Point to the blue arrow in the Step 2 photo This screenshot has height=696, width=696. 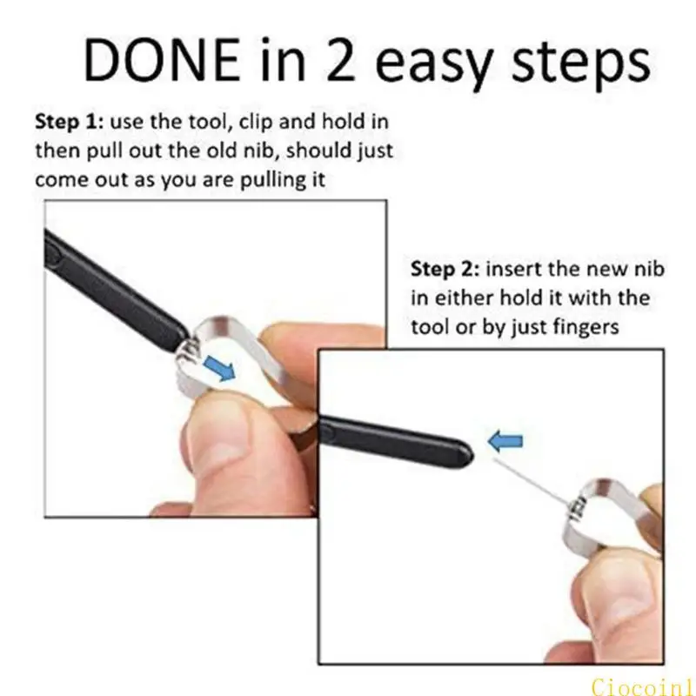coord(505,443)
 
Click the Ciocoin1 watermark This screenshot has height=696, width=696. coord(644,684)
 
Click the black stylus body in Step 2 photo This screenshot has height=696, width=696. coord(391,434)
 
